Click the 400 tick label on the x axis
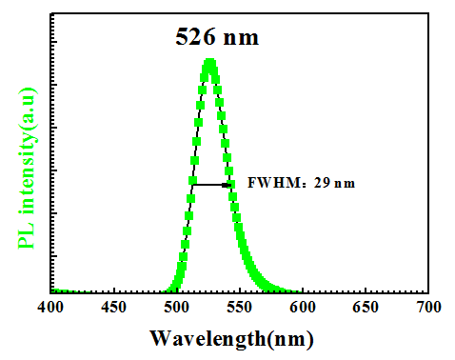[x=50, y=308]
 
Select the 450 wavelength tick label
[x=113, y=308]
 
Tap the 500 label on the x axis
[x=176, y=308]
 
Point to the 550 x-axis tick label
[x=240, y=308]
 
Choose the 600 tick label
[x=303, y=308]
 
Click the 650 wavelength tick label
[x=366, y=308]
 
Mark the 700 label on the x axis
[x=428, y=308]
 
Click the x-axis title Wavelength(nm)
[x=231, y=339]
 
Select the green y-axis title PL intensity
[x=27, y=169]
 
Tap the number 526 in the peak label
[x=195, y=36]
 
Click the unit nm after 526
[x=241, y=39]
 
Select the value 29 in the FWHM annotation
[x=321, y=183]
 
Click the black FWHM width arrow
[x=212, y=185]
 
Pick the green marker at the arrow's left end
[x=192, y=181]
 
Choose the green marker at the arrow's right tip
[x=231, y=184]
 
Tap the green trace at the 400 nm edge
[x=53, y=290]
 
